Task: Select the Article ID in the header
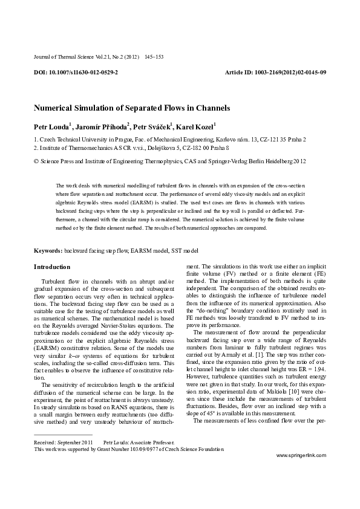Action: pos(275,72)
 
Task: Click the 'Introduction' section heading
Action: pos(52,267)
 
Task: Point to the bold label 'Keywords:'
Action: pos(48,250)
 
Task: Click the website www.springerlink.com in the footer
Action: pos(301,472)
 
